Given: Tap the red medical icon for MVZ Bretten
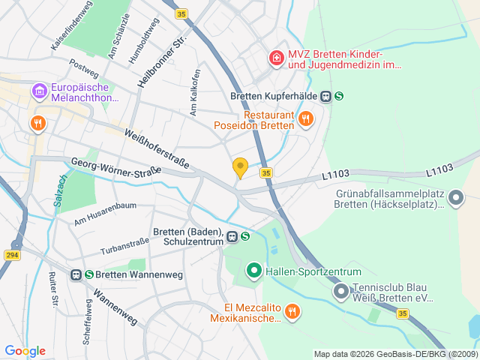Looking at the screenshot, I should tap(276, 57).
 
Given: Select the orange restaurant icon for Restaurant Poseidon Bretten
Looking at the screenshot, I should tap(305, 118).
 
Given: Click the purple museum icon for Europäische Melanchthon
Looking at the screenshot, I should tap(39, 92).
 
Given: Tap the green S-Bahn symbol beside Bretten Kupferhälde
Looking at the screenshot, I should tap(339, 96).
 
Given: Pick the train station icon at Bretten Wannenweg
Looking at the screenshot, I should tap(76, 275).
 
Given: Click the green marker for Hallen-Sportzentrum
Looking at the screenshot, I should tap(253, 271).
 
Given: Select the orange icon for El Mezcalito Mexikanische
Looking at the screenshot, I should tap(292, 310).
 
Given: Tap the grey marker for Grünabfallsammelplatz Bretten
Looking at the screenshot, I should tap(457, 197).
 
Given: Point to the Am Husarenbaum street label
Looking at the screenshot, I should tap(105, 214).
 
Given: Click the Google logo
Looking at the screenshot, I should tap(25, 351).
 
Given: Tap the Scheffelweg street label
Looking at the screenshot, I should tap(88, 316).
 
